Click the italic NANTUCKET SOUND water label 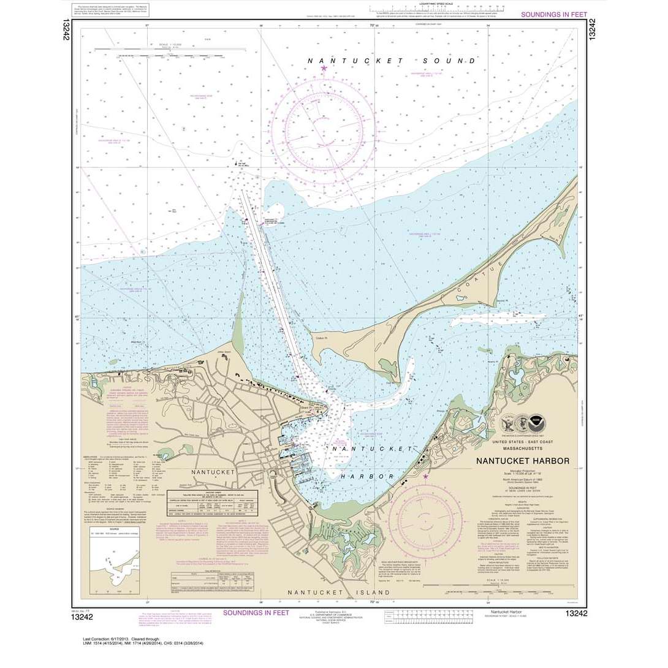click(x=392, y=61)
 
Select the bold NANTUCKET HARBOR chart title click(x=523, y=461)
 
